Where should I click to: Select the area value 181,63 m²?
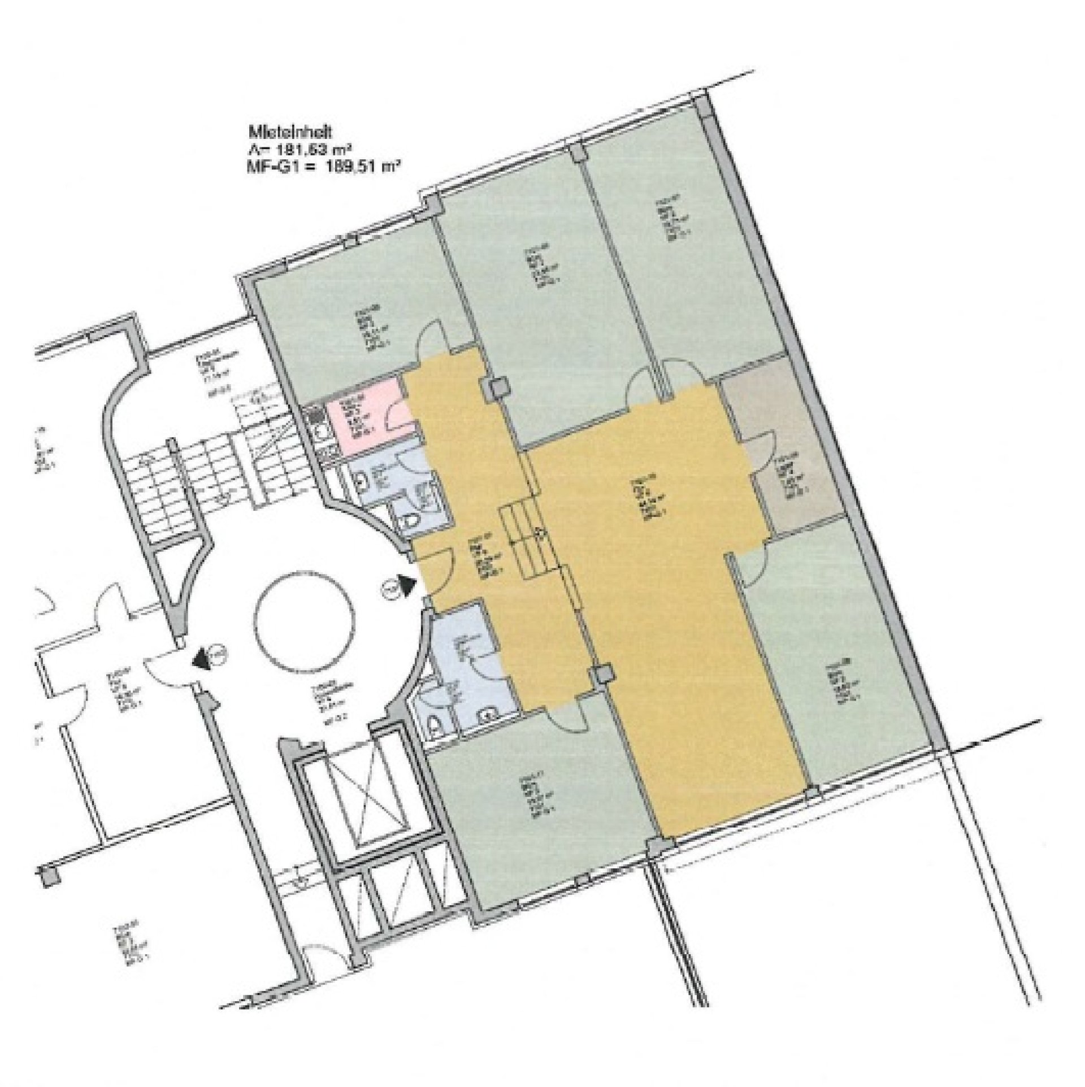pyautogui.click(x=314, y=149)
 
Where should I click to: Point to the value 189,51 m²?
pyautogui.click(x=366, y=166)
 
